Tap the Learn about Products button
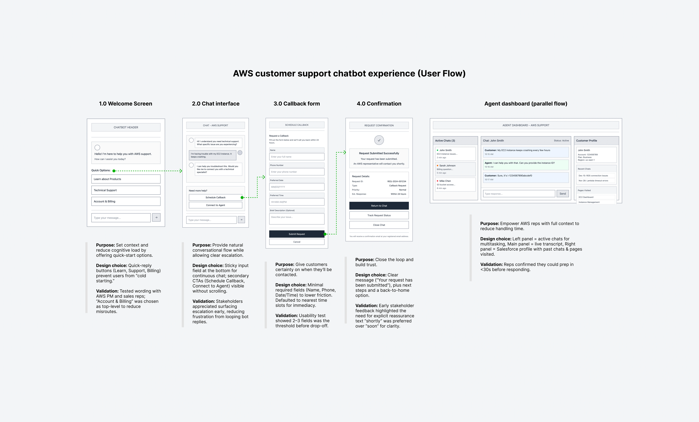pos(126,179)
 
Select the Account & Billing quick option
pos(126,201)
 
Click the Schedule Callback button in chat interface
pos(215,197)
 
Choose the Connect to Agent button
pos(215,205)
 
